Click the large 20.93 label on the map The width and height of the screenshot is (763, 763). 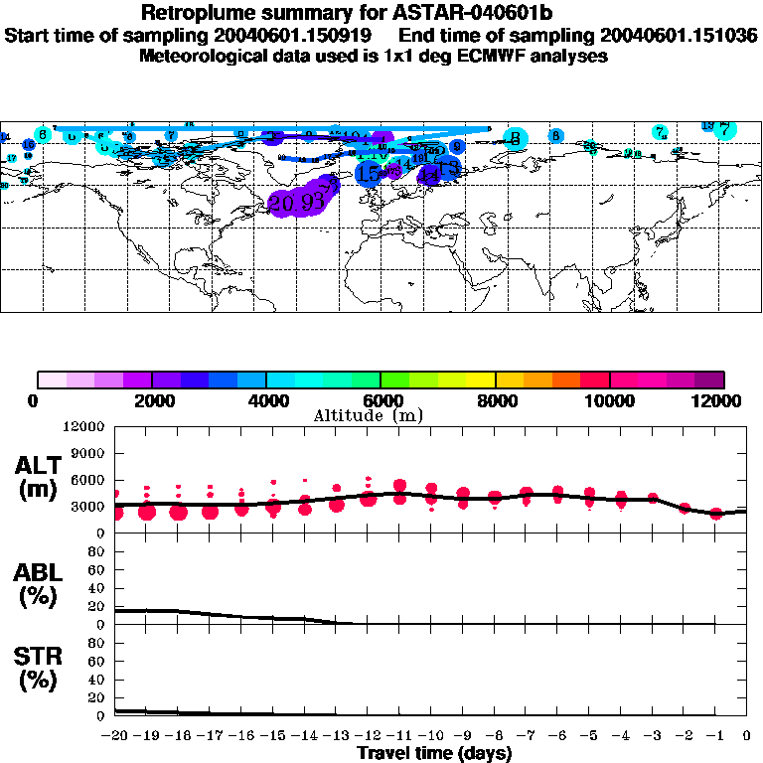coord(297,202)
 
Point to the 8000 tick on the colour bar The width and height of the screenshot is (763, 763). coord(495,400)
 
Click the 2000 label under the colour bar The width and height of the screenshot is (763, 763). coord(152,400)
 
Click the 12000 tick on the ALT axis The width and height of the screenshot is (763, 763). coord(83,427)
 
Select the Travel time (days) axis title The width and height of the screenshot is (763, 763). coord(434,754)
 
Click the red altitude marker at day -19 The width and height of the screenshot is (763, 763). coord(147,511)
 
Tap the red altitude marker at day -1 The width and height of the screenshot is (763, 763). coord(715,514)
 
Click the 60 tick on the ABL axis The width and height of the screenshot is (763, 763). coord(96,570)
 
